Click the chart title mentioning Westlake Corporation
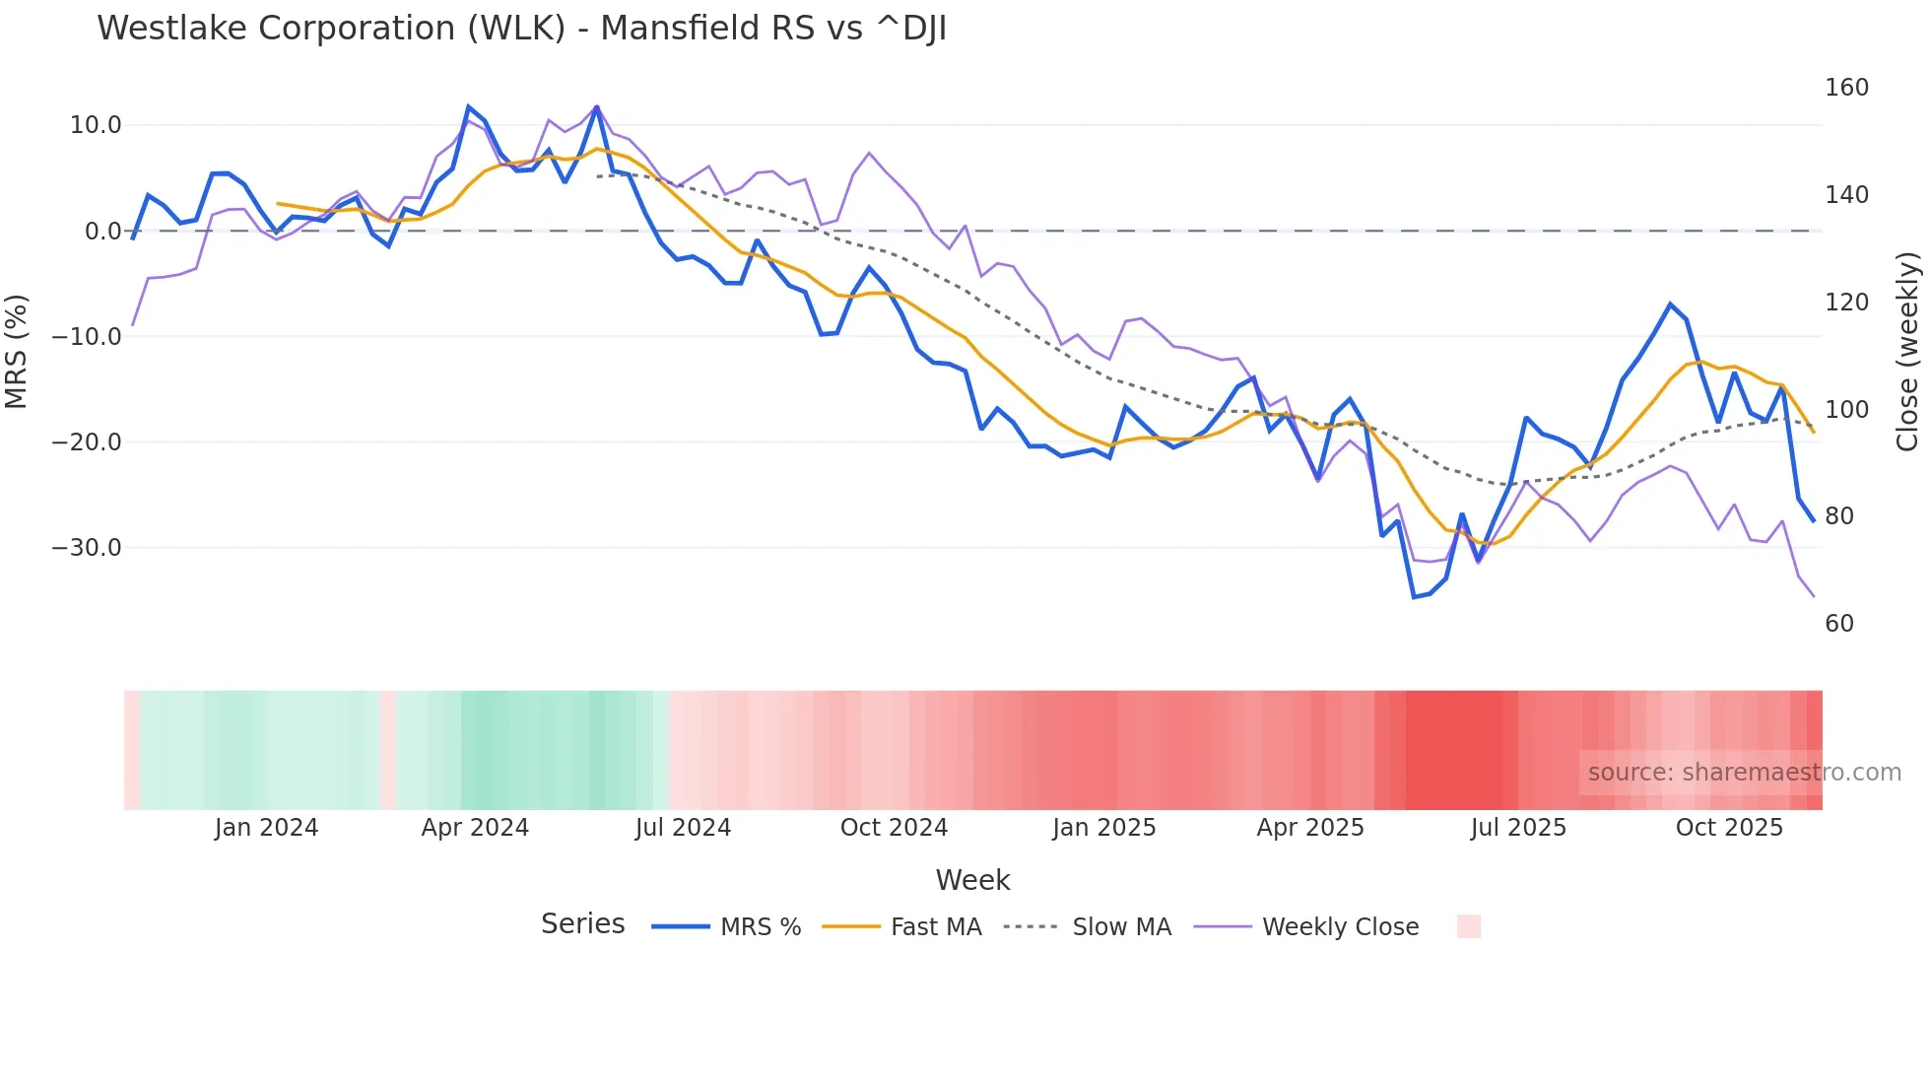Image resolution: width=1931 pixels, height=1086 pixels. point(521,29)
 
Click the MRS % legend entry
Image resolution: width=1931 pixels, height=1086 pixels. point(760,927)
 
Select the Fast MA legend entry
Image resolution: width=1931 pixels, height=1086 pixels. point(935,927)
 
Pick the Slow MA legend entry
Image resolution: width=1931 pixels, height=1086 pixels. point(1121,927)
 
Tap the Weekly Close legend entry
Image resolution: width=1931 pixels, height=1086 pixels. point(1339,927)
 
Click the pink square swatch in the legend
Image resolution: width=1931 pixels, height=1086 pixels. point(1468,926)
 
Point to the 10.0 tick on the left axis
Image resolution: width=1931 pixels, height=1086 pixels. point(96,125)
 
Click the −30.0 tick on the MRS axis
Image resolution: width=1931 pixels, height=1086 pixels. point(87,548)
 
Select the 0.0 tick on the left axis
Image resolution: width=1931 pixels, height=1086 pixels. point(102,232)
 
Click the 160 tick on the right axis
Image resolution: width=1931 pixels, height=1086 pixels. point(1846,88)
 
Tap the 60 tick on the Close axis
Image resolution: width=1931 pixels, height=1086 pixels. point(1839,624)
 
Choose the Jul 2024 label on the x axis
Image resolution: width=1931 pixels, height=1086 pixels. point(683,828)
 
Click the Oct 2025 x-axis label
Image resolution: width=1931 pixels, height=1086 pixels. point(1729,828)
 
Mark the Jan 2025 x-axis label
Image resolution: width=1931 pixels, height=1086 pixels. point(1103,828)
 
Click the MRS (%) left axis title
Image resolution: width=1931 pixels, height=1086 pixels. point(17,352)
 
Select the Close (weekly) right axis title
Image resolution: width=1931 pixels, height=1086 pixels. point(1907,352)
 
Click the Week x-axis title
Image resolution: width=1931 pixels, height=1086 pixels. point(972,880)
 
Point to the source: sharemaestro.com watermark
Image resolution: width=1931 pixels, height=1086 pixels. point(1744,773)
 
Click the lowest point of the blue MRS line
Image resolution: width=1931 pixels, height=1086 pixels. point(1414,596)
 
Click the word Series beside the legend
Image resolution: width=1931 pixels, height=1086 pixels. point(582,924)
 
